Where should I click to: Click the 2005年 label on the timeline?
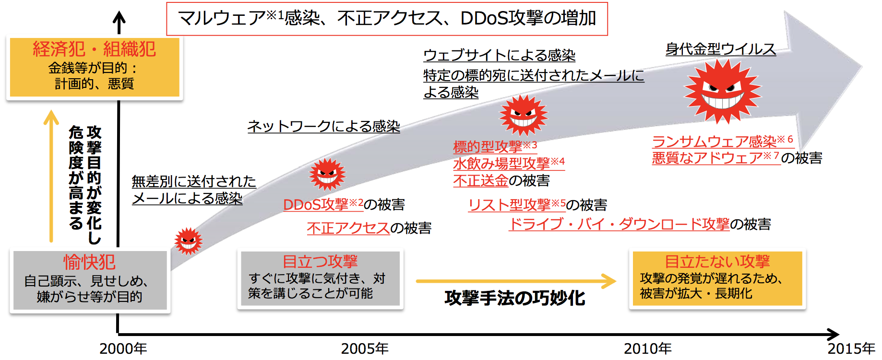365,348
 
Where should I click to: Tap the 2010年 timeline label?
647,348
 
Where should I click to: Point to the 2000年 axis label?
123,348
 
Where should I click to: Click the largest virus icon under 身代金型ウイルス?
722,91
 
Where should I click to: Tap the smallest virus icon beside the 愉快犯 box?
188,241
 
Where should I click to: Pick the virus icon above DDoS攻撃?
327,174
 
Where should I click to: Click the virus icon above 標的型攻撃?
523,115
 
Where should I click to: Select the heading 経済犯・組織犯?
94,49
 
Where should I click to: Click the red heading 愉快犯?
89,262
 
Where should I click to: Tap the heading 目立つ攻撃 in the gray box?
320,261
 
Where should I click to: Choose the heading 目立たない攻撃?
717,261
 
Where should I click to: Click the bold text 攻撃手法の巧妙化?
514,298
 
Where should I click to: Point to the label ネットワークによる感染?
323,126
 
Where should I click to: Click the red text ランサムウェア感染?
714,142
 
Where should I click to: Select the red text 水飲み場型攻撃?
501,164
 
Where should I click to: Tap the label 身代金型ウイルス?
720,49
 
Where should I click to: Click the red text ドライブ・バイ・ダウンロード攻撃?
619,224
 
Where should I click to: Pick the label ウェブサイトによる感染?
499,55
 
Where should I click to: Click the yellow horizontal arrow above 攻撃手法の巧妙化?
516,281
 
